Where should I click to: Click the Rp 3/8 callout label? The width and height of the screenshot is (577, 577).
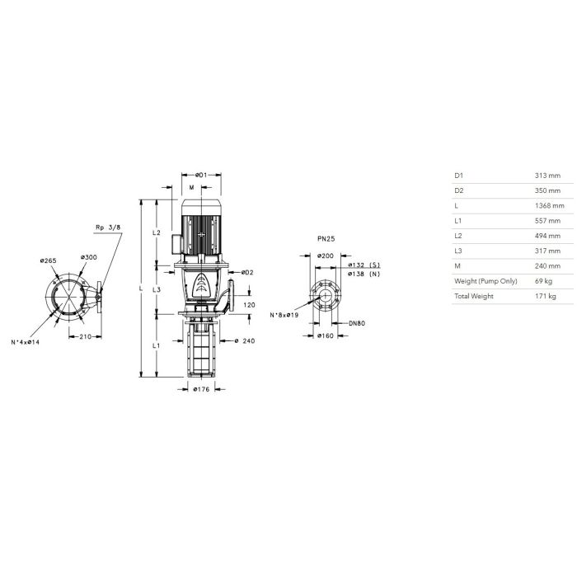108,228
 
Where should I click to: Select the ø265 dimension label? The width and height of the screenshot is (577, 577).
48,261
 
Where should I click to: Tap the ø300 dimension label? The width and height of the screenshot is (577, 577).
89,257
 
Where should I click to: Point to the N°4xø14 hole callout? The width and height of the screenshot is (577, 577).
25,342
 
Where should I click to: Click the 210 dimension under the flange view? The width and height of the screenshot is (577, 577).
86,336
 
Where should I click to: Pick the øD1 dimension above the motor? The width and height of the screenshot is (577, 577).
201,175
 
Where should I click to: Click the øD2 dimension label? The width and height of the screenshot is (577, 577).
247,272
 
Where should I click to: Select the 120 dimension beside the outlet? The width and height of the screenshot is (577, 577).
249,305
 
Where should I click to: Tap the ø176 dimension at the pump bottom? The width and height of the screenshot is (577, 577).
201,389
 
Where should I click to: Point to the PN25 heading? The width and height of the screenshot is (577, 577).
326,239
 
